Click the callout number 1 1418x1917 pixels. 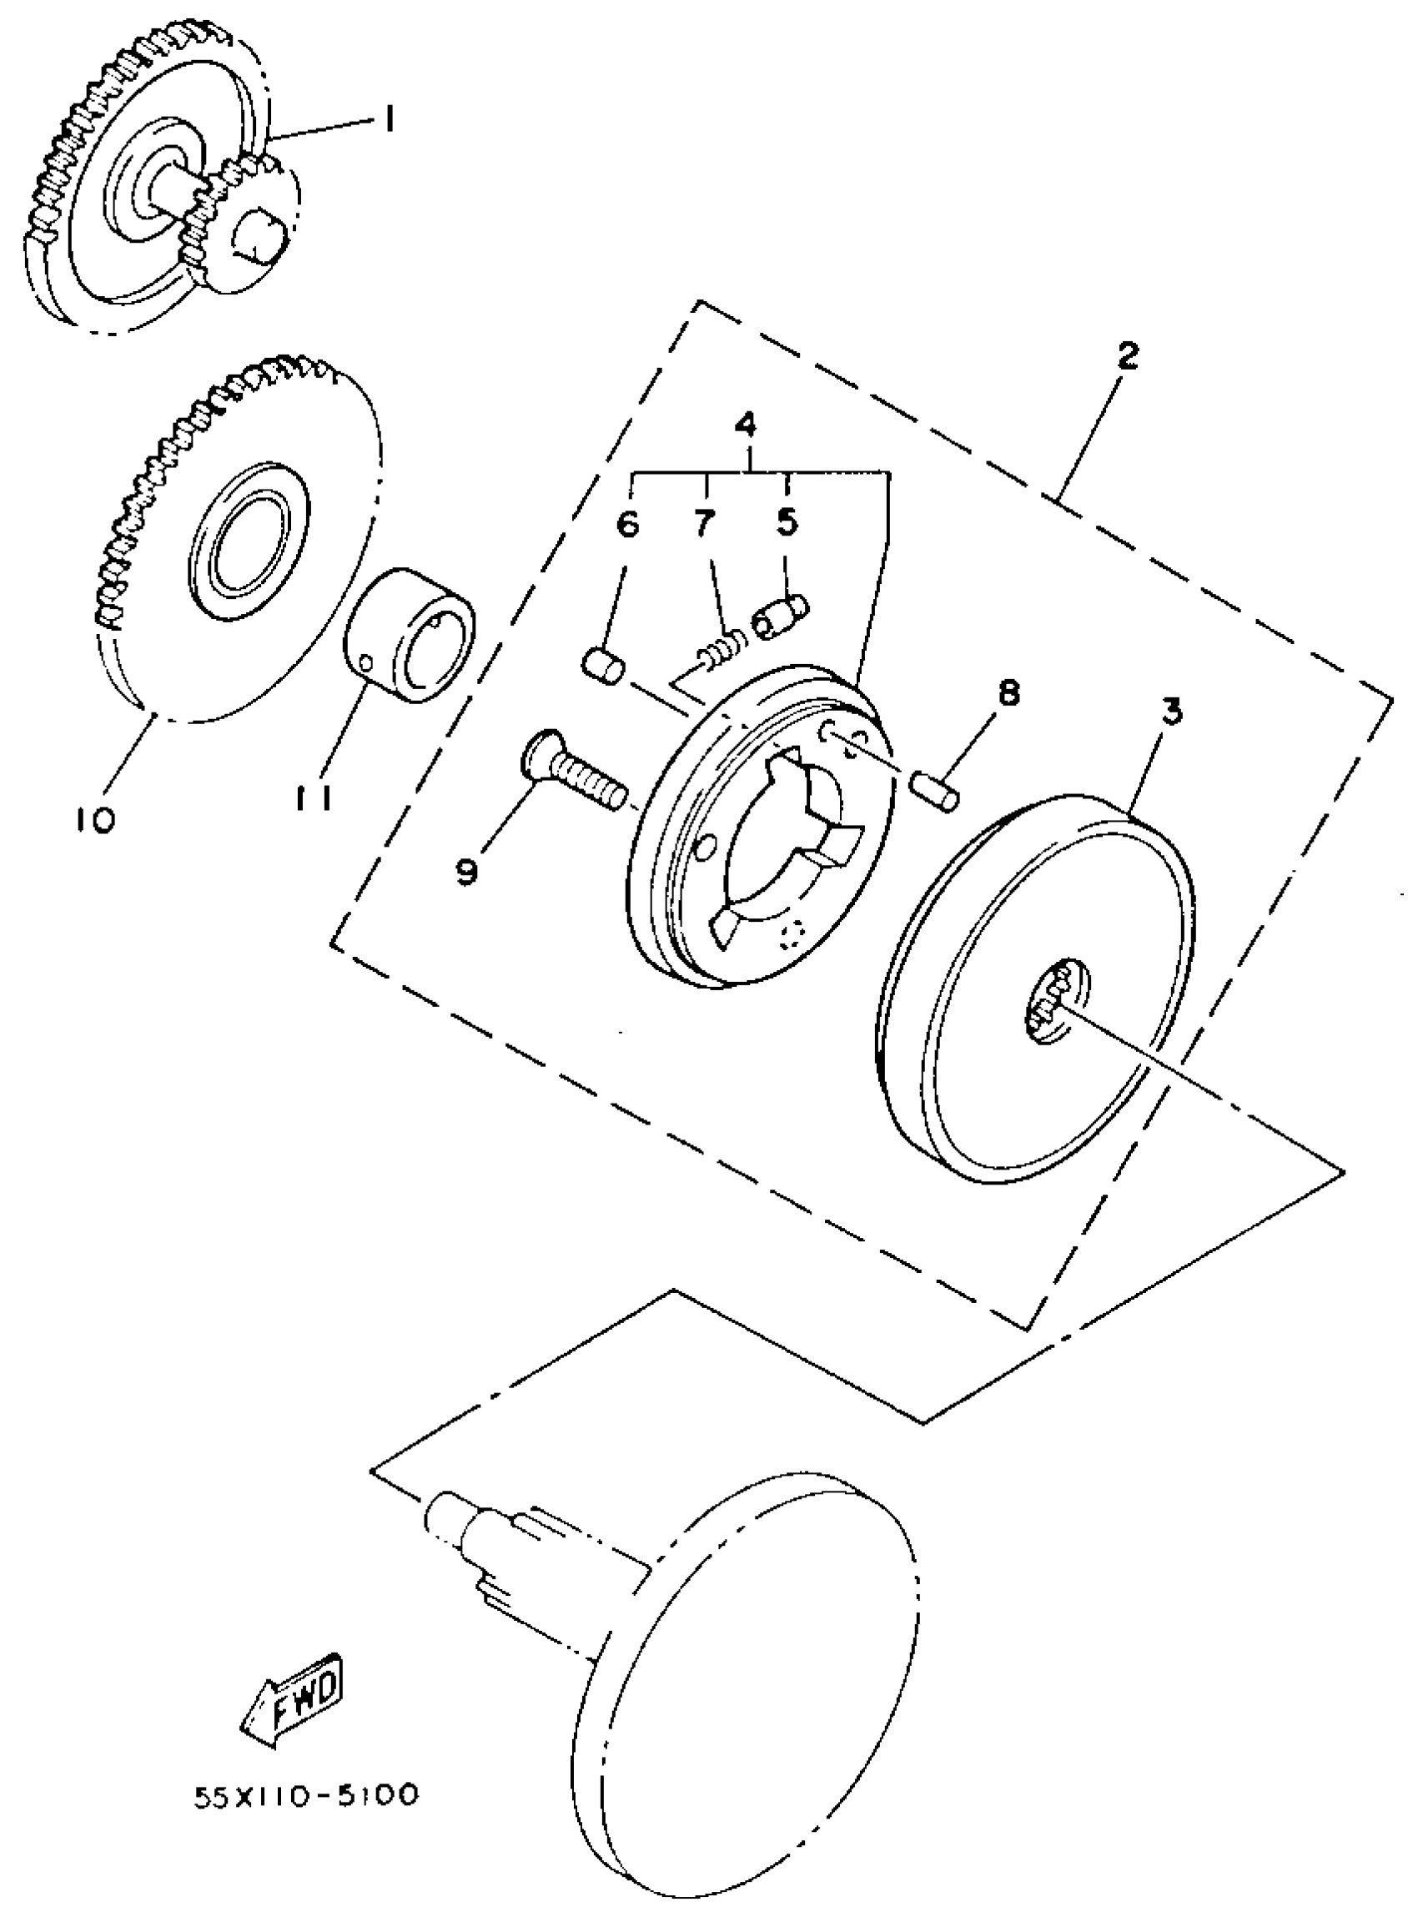pyautogui.click(x=389, y=121)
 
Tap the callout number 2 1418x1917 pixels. pyautogui.click(x=1127, y=356)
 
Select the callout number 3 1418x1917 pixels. pyautogui.click(x=1172, y=712)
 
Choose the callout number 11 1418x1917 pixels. pyautogui.click(x=314, y=798)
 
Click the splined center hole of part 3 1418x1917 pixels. pyautogui.click(x=1054, y=1004)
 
